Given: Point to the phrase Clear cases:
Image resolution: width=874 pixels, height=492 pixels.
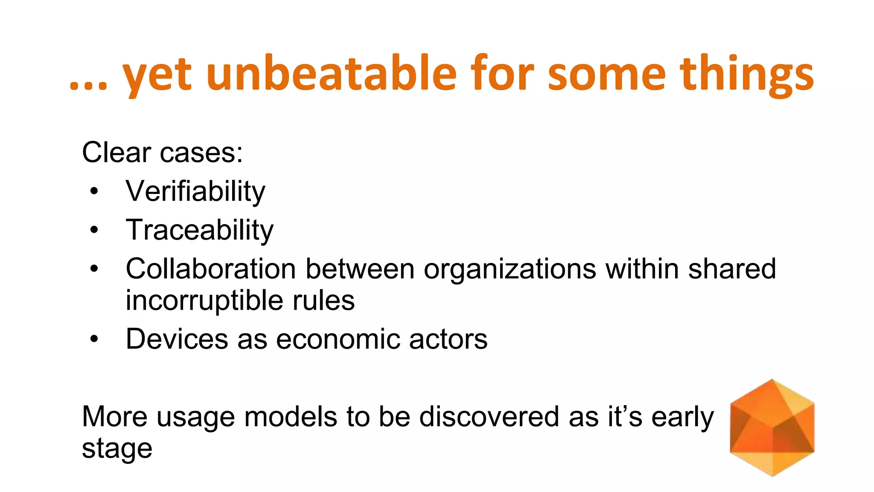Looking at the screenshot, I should tap(162, 152).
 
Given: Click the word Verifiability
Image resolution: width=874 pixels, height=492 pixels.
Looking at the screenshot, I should tap(195, 191).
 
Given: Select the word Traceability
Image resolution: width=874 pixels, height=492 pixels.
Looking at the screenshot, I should tap(199, 230).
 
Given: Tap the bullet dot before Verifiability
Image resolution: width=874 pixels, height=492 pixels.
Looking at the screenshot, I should tap(94, 191).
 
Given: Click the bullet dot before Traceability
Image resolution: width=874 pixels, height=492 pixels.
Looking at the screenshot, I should tap(94, 230).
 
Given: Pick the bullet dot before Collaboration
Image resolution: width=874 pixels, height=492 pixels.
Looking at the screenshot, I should tap(94, 269).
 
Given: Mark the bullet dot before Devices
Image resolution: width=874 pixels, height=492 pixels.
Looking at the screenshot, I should tap(94, 339).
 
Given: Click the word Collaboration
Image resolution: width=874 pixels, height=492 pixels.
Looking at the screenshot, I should tap(211, 269).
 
